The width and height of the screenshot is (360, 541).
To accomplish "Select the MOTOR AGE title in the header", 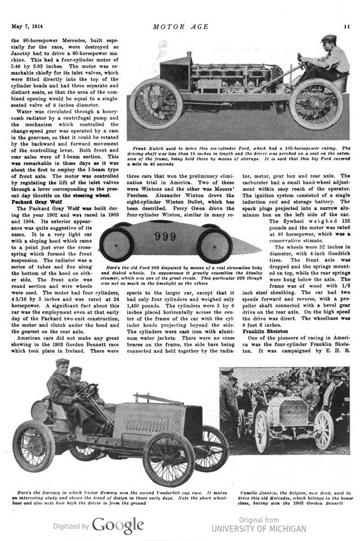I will (180, 26).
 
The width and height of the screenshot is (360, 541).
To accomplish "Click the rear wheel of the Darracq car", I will (33, 446).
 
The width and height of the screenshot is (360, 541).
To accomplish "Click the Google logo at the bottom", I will (118, 525).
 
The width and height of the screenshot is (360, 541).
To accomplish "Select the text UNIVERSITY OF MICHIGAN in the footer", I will (259, 529).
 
